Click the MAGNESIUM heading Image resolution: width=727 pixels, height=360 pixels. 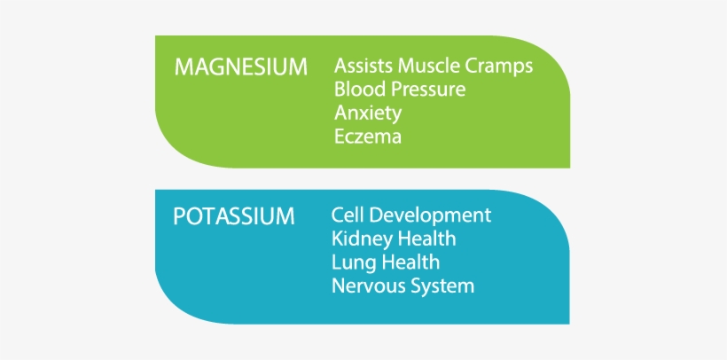coord(240,67)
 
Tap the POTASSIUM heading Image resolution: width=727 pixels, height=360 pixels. coord(234,216)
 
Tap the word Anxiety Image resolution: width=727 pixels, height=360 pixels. coord(368,113)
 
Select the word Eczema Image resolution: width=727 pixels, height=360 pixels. coord(368,137)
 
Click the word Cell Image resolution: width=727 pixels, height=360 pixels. coord(348,215)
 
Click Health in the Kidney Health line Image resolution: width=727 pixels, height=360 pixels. coord(425,239)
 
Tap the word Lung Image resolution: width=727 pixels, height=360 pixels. coord(351,263)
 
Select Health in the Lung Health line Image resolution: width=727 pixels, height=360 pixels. coord(408,262)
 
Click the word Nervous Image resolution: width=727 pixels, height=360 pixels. coord(363,286)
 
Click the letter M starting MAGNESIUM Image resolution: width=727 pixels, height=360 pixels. coord(184,67)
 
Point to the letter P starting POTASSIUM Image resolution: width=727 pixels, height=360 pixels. coord(179,216)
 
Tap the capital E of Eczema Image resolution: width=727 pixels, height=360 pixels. coord(340,137)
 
